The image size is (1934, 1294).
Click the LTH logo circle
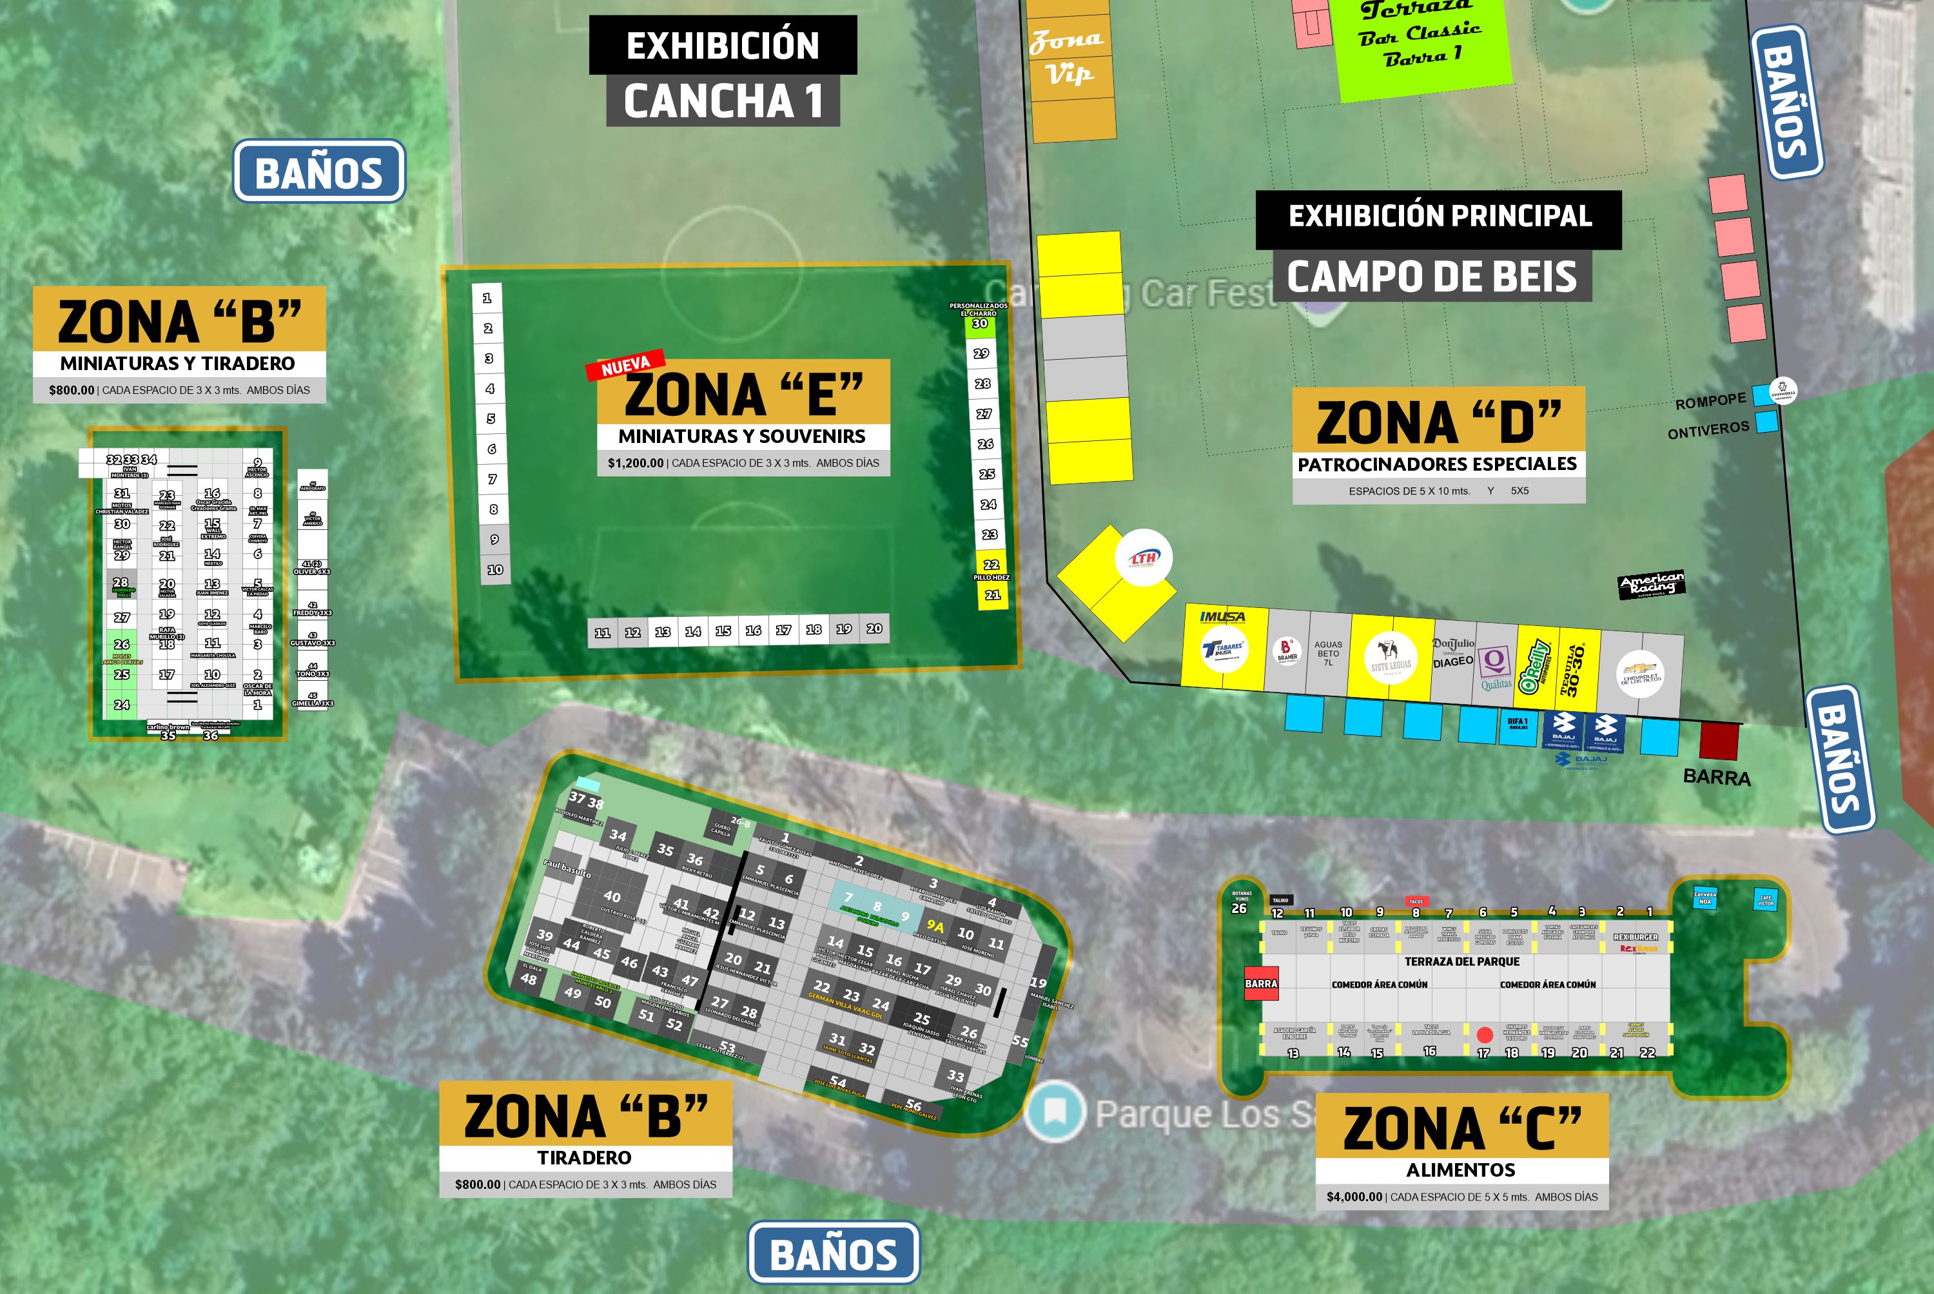(1144, 558)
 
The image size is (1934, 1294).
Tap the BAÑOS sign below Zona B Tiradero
(834, 1253)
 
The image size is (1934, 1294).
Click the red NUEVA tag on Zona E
(625, 366)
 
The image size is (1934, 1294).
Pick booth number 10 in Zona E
(495, 569)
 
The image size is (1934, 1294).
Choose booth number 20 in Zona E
(874, 629)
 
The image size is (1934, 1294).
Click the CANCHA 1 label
(723, 101)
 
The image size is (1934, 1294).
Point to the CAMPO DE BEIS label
(1432, 277)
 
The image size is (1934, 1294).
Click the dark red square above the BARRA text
(1719, 741)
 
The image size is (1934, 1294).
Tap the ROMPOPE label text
(1710, 402)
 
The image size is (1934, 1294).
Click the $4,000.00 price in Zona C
(1354, 1197)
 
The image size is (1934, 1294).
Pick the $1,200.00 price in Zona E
(635, 463)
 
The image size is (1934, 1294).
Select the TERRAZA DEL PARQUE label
(1462, 961)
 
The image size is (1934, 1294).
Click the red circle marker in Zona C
(1484, 1035)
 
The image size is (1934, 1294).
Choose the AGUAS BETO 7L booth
(1327, 654)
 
